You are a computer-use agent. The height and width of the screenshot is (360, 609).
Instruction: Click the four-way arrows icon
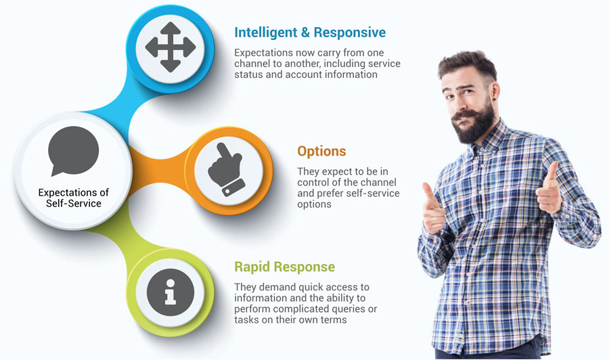tap(170, 47)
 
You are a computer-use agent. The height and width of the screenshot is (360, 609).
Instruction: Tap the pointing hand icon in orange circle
tap(227, 169)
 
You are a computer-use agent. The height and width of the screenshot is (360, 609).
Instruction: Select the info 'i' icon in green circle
tap(170, 292)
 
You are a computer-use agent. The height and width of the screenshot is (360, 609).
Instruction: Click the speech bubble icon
tap(73, 151)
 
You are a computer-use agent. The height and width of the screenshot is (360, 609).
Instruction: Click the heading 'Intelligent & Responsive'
tap(310, 32)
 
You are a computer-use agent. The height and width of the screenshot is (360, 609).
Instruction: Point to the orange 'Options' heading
tap(321, 151)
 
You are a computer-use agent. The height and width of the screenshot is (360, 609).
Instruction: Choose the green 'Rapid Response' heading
tap(285, 267)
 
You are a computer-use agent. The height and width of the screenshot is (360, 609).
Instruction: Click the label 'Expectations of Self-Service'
tap(73, 198)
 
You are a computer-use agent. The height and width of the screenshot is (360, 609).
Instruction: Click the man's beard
tap(474, 122)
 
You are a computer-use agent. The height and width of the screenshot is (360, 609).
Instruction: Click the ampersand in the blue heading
tap(305, 32)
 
